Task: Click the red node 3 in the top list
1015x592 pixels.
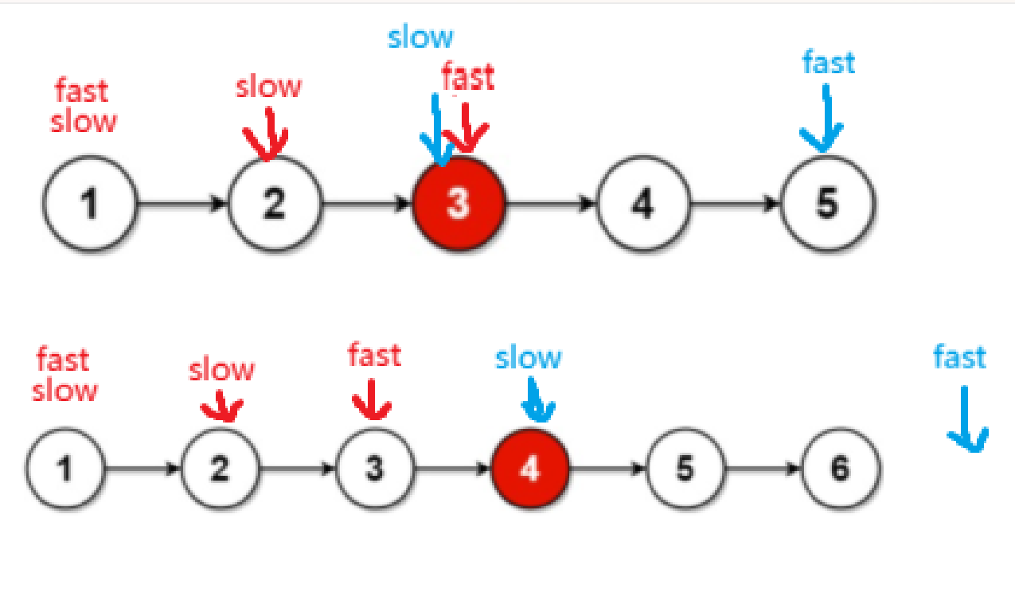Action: click(459, 203)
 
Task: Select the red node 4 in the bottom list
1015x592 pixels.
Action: click(529, 469)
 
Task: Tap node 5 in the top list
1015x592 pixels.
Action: click(828, 203)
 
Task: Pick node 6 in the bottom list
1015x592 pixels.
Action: click(841, 469)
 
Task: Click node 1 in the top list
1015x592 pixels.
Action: click(89, 203)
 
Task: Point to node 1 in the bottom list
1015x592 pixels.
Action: click(65, 469)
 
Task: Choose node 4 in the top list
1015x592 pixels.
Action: click(642, 203)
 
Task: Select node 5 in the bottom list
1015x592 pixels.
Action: click(685, 469)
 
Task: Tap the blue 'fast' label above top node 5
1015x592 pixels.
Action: click(829, 62)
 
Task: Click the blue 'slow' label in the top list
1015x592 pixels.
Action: click(421, 37)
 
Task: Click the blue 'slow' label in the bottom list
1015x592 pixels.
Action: click(528, 358)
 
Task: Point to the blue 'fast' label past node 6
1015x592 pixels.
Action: click(959, 357)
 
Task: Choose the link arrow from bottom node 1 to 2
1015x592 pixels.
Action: click(143, 469)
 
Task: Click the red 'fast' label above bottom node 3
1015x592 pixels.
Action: click(374, 355)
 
